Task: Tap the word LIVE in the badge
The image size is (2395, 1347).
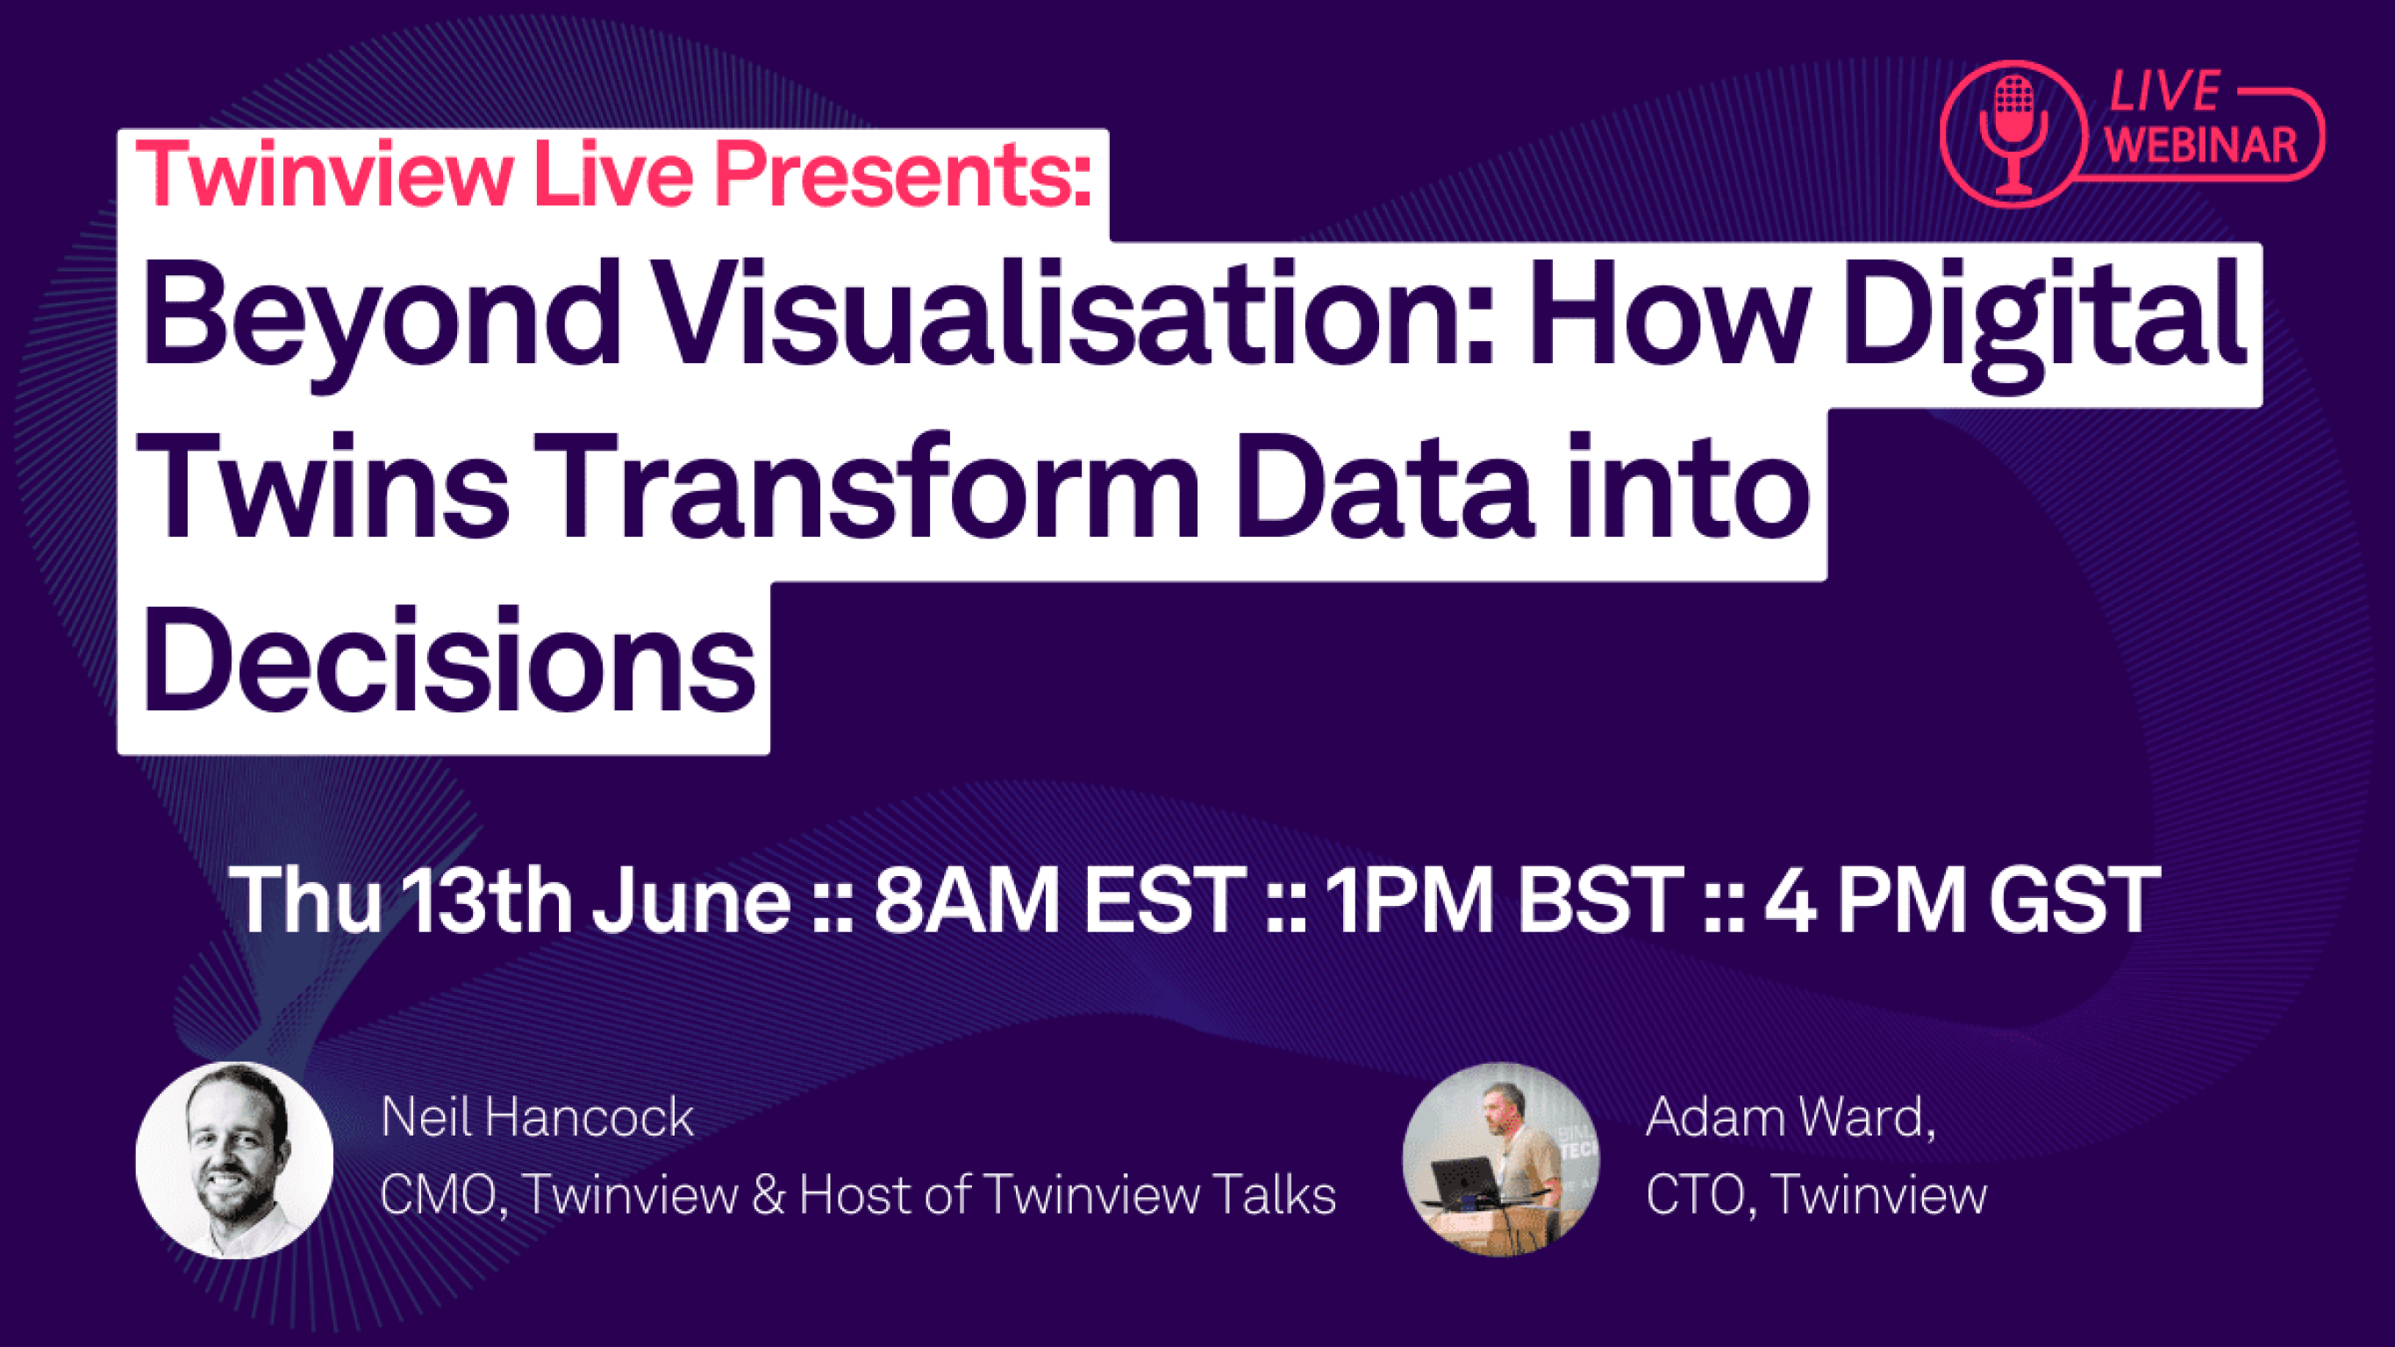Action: (x=2164, y=92)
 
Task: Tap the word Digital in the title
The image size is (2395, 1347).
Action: (x=2043, y=321)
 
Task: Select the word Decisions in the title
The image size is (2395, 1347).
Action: (x=448, y=659)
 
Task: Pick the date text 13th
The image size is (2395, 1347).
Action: (x=489, y=899)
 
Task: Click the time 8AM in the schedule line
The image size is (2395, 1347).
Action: (x=967, y=899)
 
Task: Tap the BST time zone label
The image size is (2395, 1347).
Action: (x=1600, y=899)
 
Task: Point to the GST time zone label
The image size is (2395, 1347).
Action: (x=2074, y=899)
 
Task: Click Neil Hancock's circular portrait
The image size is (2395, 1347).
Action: (x=234, y=1160)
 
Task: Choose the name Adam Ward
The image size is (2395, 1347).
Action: (x=1791, y=1118)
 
